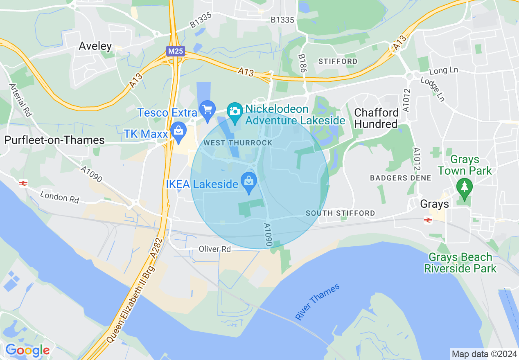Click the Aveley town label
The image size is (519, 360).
point(95,46)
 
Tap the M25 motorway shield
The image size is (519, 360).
point(176,51)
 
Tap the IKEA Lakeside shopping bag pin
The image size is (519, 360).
point(248,182)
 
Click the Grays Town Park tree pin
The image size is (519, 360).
point(464,188)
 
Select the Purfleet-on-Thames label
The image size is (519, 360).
point(54,140)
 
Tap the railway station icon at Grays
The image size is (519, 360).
point(428,220)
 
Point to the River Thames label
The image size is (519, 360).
point(318,302)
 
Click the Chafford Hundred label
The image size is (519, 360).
point(376,118)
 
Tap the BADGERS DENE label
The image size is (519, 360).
point(401,178)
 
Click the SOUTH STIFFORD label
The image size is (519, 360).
point(340,213)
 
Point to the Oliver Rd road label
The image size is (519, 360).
point(215,249)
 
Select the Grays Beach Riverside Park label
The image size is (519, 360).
point(460,263)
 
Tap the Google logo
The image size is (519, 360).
point(27,350)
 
